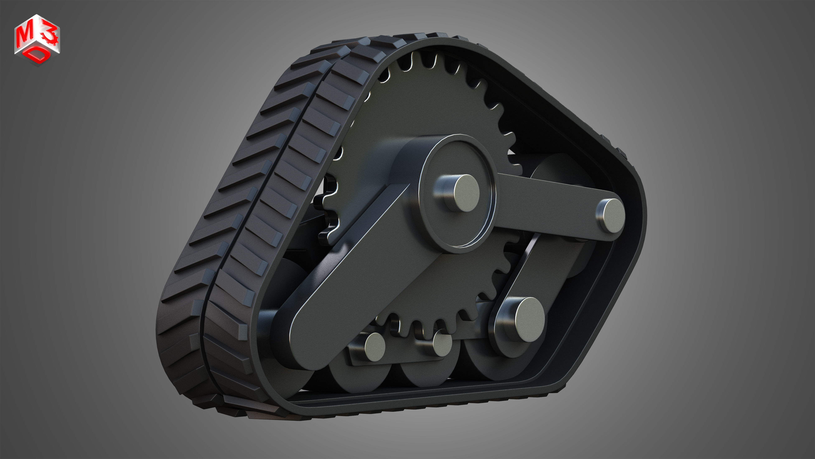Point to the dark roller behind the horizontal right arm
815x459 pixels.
coord(557,168)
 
